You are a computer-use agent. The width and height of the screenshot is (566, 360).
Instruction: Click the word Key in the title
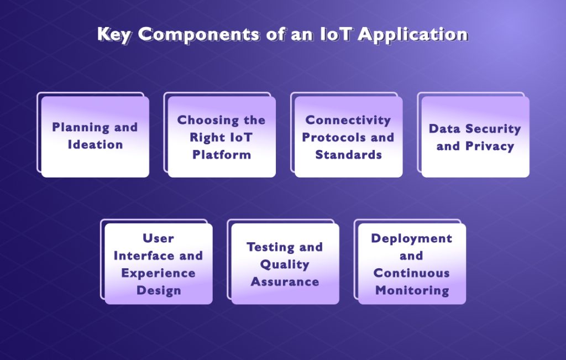click(114, 34)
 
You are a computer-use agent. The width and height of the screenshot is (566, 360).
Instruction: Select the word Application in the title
click(413, 34)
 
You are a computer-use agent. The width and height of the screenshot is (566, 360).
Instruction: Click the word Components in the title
click(196, 34)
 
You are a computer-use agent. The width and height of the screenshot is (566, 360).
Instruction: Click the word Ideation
click(95, 145)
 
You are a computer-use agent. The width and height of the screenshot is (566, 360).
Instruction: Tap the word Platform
click(222, 155)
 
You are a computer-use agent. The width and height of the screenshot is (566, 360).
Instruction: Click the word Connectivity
click(348, 120)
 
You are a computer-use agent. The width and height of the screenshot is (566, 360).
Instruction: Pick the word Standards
click(348, 155)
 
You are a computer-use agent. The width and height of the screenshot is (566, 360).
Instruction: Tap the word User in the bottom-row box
click(158, 238)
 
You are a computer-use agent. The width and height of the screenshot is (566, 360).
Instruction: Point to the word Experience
click(158, 273)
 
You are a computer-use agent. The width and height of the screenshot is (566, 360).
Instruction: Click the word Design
click(158, 290)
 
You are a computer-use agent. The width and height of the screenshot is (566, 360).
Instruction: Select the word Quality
click(285, 264)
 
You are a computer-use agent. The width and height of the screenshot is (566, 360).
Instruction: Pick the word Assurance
click(285, 282)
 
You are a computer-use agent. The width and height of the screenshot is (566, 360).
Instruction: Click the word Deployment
click(411, 238)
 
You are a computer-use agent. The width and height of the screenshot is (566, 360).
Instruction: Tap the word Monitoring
click(412, 290)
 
